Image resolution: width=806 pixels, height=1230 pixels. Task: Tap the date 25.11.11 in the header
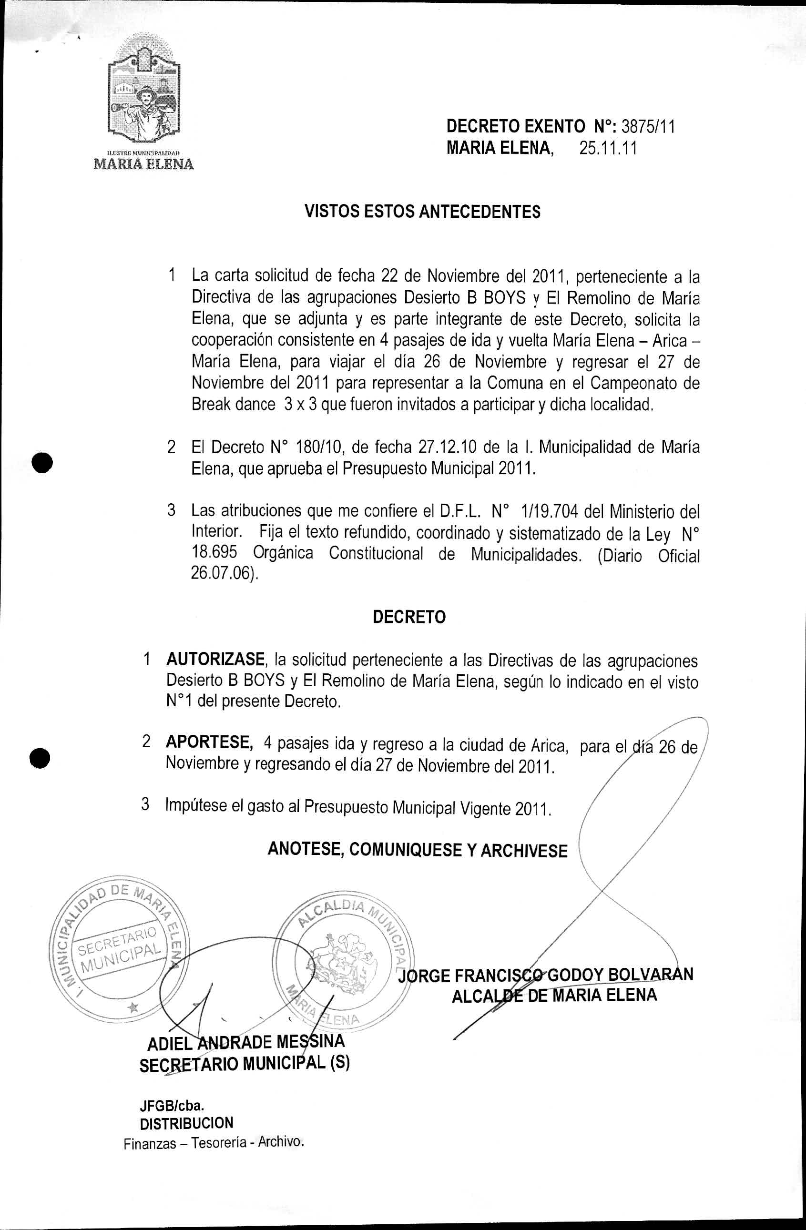click(608, 149)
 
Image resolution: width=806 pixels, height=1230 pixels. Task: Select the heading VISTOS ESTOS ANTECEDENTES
click(422, 212)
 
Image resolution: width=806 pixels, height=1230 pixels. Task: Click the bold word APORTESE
click(209, 742)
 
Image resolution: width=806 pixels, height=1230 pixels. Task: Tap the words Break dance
click(233, 404)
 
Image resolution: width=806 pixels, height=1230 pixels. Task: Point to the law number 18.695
click(214, 553)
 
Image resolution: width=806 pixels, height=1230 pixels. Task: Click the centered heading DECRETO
click(409, 617)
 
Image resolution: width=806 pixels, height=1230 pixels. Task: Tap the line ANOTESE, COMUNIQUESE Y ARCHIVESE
click(417, 850)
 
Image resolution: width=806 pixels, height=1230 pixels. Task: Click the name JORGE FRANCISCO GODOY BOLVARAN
click(545, 975)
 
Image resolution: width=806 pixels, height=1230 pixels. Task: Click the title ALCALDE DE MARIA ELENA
click(554, 996)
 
